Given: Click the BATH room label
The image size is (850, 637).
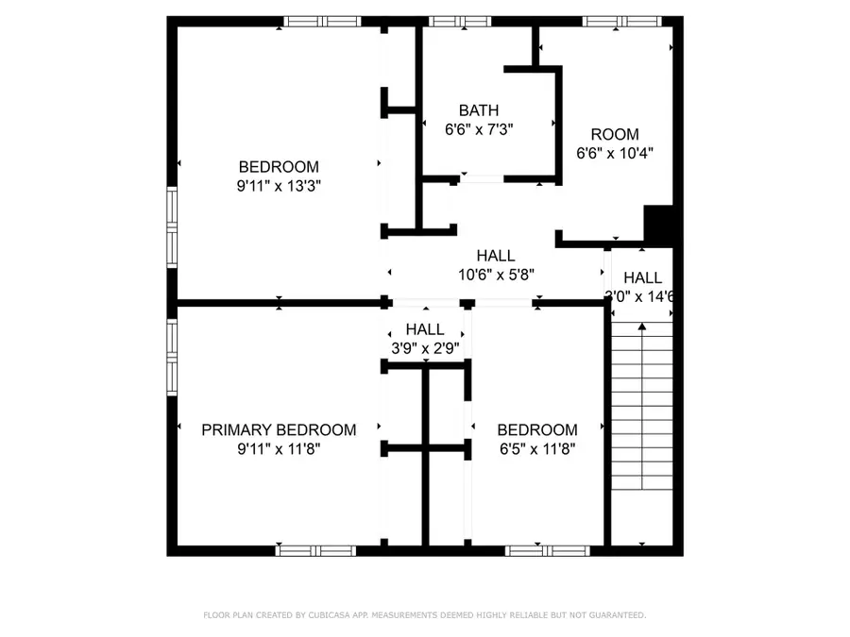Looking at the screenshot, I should pyautogui.click(x=479, y=110).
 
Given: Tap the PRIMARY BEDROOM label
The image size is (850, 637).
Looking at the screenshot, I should pyautogui.click(x=279, y=430).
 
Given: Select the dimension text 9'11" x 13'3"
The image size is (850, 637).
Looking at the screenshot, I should pyautogui.click(x=279, y=186).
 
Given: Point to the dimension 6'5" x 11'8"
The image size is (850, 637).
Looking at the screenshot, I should pyautogui.click(x=536, y=449).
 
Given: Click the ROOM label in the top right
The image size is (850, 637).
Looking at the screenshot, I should pyautogui.click(x=615, y=134).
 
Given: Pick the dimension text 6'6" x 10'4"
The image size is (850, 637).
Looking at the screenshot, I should pyautogui.click(x=615, y=153).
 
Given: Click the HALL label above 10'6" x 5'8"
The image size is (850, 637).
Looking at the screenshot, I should pyautogui.click(x=496, y=256).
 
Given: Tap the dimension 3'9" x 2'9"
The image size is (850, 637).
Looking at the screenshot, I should pyautogui.click(x=425, y=347).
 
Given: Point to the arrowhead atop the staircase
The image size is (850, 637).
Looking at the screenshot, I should pyautogui.click(x=642, y=327).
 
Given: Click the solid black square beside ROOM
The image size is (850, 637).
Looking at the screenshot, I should pyautogui.click(x=657, y=225).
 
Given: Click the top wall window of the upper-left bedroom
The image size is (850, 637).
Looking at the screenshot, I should pyautogui.click(x=322, y=21).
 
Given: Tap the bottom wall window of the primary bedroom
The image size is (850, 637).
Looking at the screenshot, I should pyautogui.click(x=315, y=550).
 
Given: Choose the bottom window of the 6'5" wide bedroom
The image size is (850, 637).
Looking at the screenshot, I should pyautogui.click(x=546, y=550).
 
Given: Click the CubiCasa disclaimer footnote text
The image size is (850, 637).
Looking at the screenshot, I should pyautogui.click(x=425, y=615).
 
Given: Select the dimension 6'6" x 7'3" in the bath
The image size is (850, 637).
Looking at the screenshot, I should pyautogui.click(x=479, y=129).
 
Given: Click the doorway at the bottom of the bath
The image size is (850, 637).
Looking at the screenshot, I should pyautogui.click(x=482, y=177).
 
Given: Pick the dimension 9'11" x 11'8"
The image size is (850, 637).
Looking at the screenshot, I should pyautogui.click(x=279, y=449).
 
